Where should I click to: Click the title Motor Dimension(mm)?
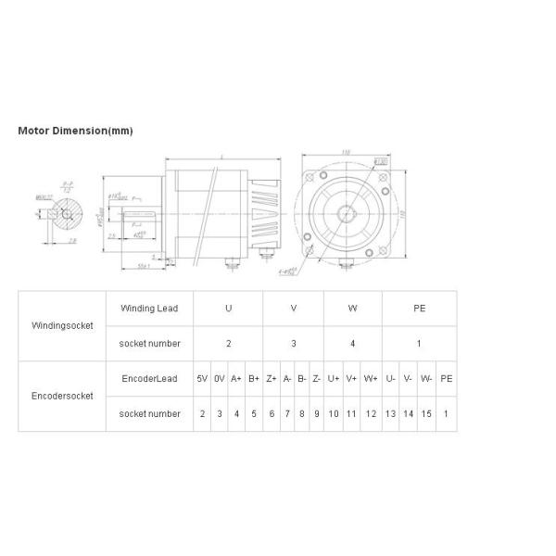(76, 131)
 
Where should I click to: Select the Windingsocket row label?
(62, 325)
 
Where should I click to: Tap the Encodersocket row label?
(62, 396)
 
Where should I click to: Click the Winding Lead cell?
(149, 308)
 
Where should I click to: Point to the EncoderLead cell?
(149, 378)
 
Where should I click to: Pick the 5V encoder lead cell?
(202, 378)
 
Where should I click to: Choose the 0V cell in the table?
(220, 378)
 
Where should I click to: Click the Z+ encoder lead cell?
(272, 378)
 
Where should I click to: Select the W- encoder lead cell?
(426, 378)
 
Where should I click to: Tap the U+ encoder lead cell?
(333, 378)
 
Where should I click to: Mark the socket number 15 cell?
(426, 413)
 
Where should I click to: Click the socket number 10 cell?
(333, 413)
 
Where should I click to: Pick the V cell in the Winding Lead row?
(294, 308)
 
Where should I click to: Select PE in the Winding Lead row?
(419, 308)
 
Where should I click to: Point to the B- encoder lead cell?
(302, 378)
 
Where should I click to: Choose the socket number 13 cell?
(390, 413)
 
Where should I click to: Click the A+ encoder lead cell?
(236, 378)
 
